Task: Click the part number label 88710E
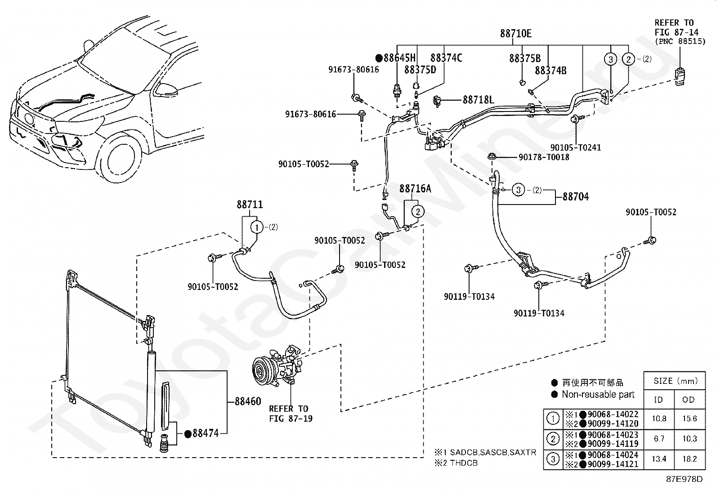tap(515, 33)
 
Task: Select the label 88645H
tap(399, 58)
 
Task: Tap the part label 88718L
tap(479, 100)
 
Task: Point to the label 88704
tap(576, 196)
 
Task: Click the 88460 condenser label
tap(248, 401)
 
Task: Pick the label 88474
tap(206, 433)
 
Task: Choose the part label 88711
tap(250, 205)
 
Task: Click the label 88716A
tap(415, 188)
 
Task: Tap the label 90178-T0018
tap(544, 157)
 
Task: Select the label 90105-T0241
tap(576, 147)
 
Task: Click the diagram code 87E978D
tap(685, 479)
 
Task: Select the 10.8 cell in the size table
tap(659, 418)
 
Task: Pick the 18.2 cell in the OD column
tap(689, 459)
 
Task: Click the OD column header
tap(689, 400)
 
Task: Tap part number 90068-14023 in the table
tap(613, 435)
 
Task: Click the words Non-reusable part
tap(598, 394)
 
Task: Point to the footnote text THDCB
tap(464, 463)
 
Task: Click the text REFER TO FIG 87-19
tap(291, 414)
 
